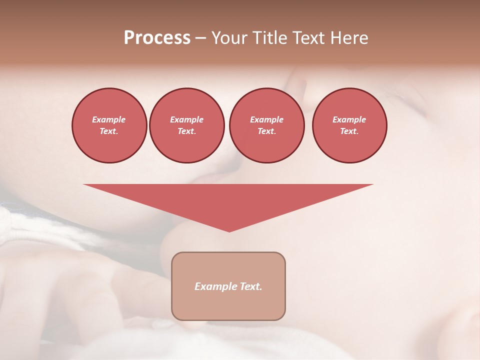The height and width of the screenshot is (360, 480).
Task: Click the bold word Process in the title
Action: tap(157, 38)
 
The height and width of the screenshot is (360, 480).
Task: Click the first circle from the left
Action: tap(109, 125)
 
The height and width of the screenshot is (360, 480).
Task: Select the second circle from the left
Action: tap(186, 125)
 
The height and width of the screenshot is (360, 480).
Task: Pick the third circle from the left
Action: tap(266, 125)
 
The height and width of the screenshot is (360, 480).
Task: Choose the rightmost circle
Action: tap(349, 125)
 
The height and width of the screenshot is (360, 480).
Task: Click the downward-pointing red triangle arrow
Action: tap(228, 200)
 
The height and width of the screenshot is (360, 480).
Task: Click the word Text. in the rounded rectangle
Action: tap(250, 286)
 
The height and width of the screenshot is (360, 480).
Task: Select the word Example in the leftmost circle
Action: tap(109, 119)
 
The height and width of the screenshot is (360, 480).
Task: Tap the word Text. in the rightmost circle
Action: tap(349, 131)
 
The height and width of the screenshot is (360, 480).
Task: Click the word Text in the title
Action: tap(308, 38)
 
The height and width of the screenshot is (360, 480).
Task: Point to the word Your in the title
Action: tap(228, 38)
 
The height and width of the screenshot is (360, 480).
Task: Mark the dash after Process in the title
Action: tap(200, 38)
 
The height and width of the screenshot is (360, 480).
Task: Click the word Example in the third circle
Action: tap(266, 119)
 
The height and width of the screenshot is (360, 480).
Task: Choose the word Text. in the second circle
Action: tap(186, 131)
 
